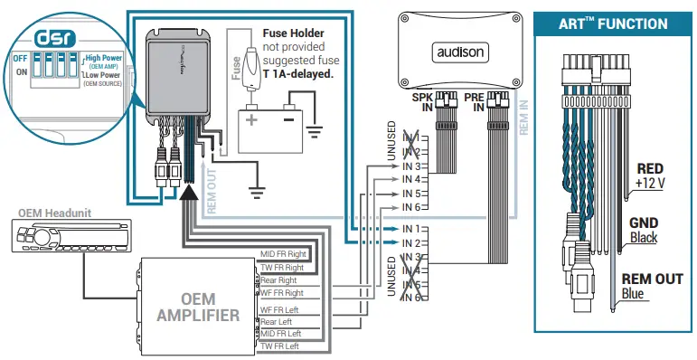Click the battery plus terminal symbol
pos(251,118)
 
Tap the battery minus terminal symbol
pos(288,118)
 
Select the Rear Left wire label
pos(277,321)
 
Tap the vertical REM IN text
pos(524,118)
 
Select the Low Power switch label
pos(104,75)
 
